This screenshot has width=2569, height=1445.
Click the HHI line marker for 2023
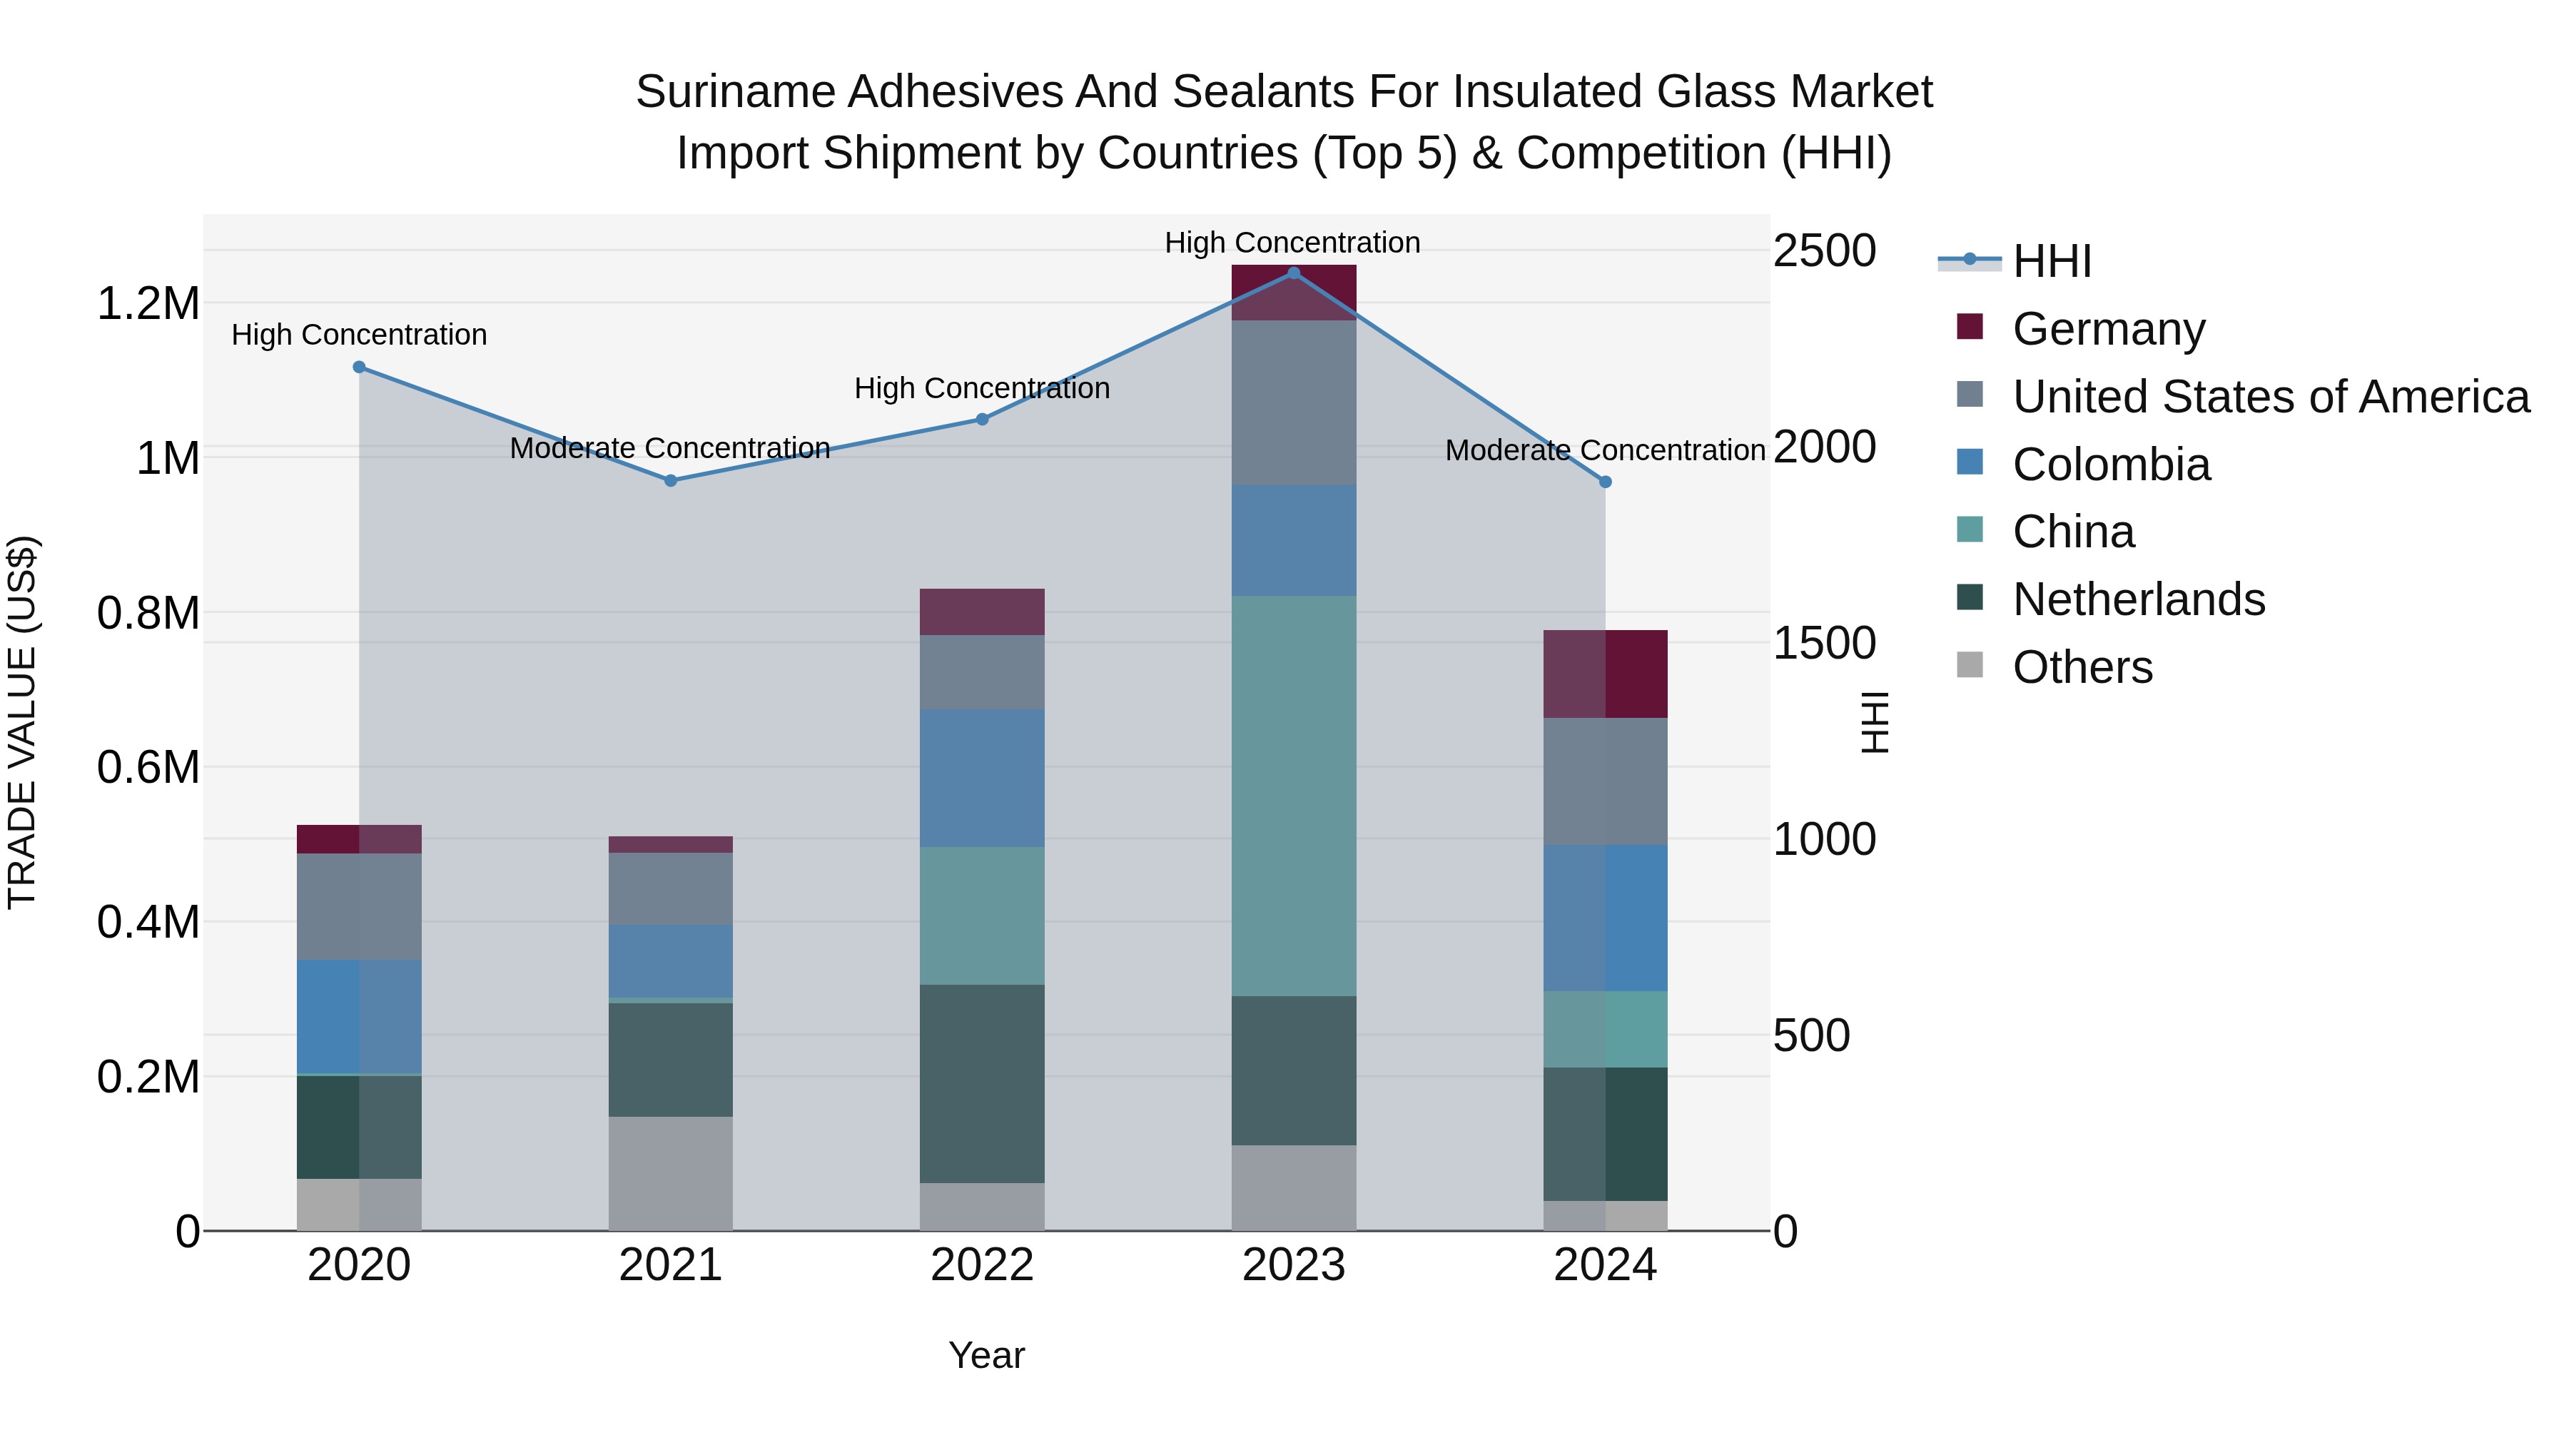click(1294, 273)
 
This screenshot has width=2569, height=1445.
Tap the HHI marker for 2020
click(359, 367)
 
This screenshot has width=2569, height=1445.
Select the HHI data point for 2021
click(670, 481)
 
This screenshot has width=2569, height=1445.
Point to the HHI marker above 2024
click(1606, 482)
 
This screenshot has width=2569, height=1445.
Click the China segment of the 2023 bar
click(1294, 796)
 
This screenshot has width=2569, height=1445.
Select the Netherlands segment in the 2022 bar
click(981, 1083)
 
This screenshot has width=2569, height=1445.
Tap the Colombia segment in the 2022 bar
click(981, 778)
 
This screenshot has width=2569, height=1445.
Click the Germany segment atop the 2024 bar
click(1606, 674)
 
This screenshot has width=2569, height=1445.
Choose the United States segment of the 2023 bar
click(1294, 403)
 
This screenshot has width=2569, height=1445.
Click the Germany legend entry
click(2108, 329)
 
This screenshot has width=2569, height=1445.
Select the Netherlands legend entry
click(2138, 599)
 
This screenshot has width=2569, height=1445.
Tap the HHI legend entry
click(2052, 261)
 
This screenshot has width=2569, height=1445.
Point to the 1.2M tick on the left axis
click(148, 303)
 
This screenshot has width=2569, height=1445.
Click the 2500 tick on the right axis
click(1824, 250)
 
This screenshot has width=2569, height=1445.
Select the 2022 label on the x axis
click(981, 1265)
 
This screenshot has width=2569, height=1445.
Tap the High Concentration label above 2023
click(1292, 243)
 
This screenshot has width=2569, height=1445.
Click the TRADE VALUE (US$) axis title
click(22, 722)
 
